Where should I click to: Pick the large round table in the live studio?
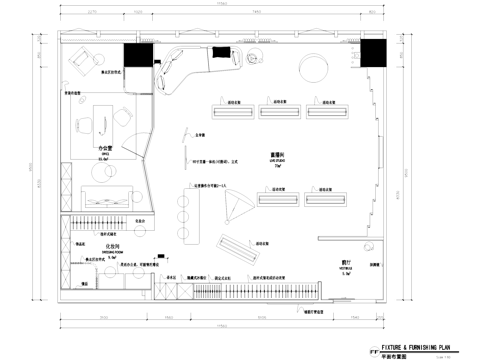313,69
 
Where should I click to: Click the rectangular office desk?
99,124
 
